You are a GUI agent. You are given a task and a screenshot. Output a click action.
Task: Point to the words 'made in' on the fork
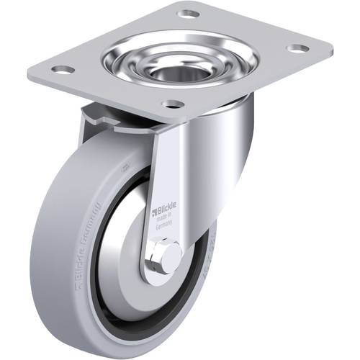coord(165,219)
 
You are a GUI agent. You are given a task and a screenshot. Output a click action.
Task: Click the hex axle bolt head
coord(166,258)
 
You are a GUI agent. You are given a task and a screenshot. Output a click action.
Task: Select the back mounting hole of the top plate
coord(189,14)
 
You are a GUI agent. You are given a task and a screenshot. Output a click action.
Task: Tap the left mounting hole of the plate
coord(63,70)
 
